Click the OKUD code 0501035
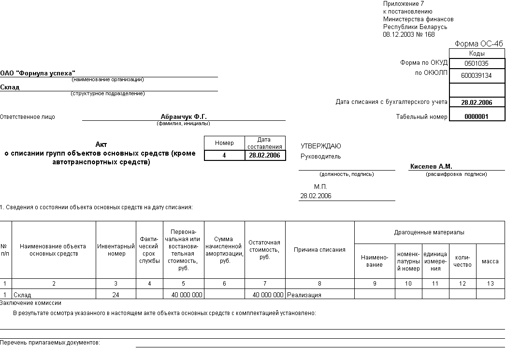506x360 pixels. click(477, 63)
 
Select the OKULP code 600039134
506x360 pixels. click(477, 76)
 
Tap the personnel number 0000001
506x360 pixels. click(477, 116)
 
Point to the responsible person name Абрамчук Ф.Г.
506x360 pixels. click(184, 116)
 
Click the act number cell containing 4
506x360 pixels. click(224, 156)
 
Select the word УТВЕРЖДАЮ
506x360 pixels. click(321, 146)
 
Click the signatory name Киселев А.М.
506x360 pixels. click(431, 166)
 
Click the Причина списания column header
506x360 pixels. click(319, 250)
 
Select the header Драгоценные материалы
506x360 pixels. click(429, 232)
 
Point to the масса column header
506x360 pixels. click(490, 261)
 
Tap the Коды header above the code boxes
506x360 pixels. click(477, 54)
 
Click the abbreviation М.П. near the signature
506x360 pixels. click(320, 187)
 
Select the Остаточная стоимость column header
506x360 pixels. click(264, 249)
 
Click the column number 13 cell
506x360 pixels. click(490, 284)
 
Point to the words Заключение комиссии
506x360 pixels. click(31, 303)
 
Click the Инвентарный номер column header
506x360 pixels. click(116, 250)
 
